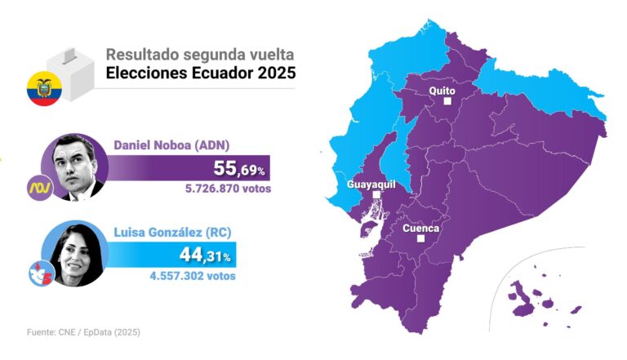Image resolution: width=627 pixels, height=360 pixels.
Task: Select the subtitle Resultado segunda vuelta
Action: click(x=200, y=55)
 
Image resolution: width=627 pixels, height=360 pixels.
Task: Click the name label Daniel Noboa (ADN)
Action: click(x=171, y=145)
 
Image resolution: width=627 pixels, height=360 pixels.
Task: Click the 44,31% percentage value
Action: click(x=206, y=256)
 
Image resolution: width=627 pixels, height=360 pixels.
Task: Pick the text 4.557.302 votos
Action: click(x=193, y=276)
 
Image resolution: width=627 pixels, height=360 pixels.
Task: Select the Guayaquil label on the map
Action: click(x=371, y=184)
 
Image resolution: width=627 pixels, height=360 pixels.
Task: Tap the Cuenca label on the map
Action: click(x=421, y=229)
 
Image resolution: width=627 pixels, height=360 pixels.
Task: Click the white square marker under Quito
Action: click(x=447, y=102)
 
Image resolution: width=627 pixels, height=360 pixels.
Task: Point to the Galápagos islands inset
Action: click(x=539, y=295)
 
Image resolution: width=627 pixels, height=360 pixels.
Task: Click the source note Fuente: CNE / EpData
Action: click(x=78, y=332)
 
